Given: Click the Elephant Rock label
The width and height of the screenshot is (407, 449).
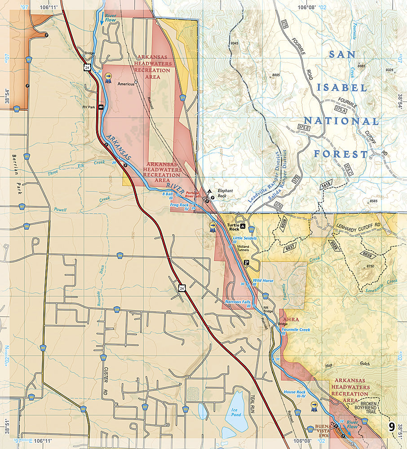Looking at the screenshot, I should pos(225,193).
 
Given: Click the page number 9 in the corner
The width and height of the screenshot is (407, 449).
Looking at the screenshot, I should pos(392,426).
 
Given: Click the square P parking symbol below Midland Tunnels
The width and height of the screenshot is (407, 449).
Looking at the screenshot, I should pos(246,263).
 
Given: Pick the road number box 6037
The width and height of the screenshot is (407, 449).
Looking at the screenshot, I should pos(291,247).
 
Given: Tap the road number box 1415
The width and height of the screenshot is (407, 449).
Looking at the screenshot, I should pos(325,185).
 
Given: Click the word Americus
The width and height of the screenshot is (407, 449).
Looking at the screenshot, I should pos(126,84).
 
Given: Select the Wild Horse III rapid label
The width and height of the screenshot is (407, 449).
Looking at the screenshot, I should pos(263,282).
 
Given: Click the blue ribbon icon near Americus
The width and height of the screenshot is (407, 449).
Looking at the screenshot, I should pos(108,79).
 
